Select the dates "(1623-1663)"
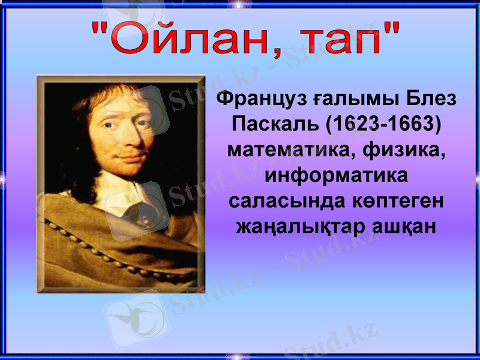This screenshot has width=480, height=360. click(383, 124)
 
